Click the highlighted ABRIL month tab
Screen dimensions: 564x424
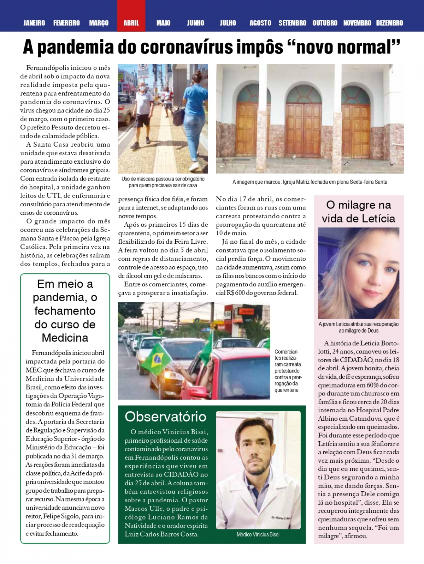tap(131, 23)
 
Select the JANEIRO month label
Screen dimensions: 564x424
tap(34, 23)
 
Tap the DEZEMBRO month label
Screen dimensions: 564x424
tap(389, 23)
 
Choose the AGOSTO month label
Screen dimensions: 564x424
tap(260, 23)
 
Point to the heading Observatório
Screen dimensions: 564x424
tap(165, 417)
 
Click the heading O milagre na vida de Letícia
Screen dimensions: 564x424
tap(358, 212)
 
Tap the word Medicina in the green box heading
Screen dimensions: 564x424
tap(65, 338)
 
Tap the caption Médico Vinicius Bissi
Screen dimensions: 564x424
tap(258, 534)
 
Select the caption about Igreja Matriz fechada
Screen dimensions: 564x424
tap(310, 182)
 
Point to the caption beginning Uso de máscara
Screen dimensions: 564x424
tap(163, 182)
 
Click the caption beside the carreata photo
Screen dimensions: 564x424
tap(287, 371)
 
